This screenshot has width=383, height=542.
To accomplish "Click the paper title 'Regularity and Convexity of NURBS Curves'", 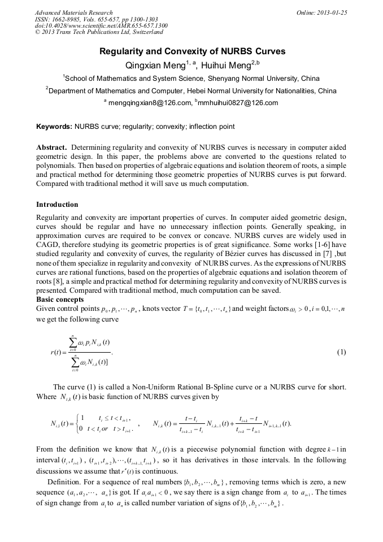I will (x=192, y=51).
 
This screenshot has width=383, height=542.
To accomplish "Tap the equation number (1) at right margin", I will (x=341, y=352).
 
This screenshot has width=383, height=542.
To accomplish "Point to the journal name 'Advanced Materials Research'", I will (x=74, y=12).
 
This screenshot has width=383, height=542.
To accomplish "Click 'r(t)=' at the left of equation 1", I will (x=59, y=353).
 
